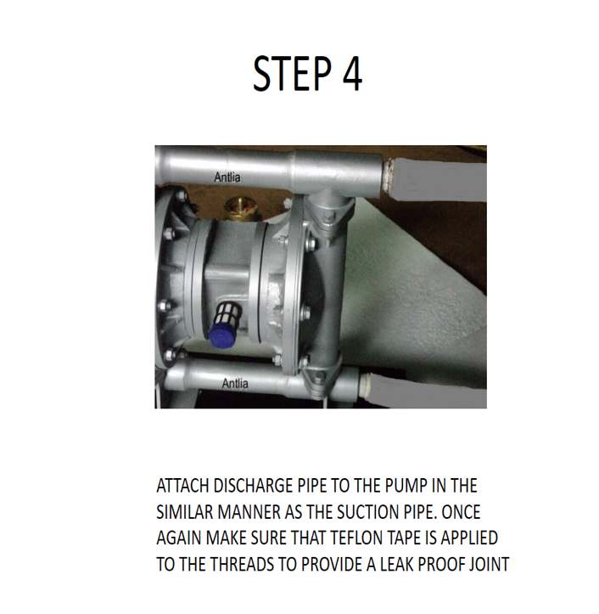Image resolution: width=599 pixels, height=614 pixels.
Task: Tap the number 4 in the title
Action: (352, 74)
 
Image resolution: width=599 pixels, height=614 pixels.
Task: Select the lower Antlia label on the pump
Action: (235, 384)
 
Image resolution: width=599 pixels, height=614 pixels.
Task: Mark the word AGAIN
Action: (179, 538)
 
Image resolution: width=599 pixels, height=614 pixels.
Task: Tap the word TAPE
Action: (424, 538)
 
